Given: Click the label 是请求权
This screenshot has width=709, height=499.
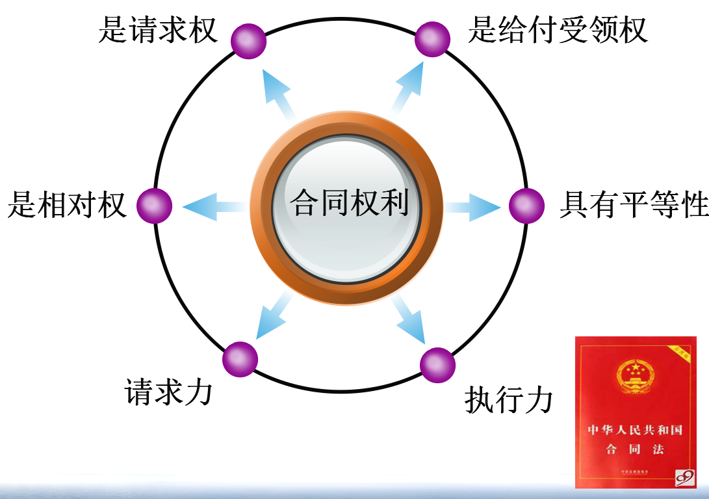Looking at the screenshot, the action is click(x=158, y=30).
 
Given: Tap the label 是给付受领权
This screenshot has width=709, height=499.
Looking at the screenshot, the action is click(x=558, y=30).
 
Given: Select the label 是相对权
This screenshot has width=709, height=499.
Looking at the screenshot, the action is click(x=67, y=205).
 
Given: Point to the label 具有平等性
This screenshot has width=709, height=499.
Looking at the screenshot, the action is click(x=634, y=205).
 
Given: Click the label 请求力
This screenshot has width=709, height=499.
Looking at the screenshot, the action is click(x=168, y=392).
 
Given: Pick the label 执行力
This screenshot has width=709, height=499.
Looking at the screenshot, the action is click(x=509, y=400).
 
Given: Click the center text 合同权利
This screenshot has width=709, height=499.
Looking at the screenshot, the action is click(x=350, y=204).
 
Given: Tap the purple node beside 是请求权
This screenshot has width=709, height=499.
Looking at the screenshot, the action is click(x=248, y=40).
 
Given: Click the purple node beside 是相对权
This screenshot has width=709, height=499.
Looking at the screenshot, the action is click(x=155, y=206).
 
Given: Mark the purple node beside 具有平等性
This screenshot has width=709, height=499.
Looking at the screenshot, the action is click(x=526, y=206).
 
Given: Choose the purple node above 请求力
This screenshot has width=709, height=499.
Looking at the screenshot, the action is click(x=240, y=359).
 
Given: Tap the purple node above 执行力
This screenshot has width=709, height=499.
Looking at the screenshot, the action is click(x=437, y=365).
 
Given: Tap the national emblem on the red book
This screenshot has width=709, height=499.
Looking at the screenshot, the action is click(x=634, y=377).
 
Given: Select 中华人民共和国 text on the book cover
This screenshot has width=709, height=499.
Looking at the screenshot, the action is click(x=635, y=431).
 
